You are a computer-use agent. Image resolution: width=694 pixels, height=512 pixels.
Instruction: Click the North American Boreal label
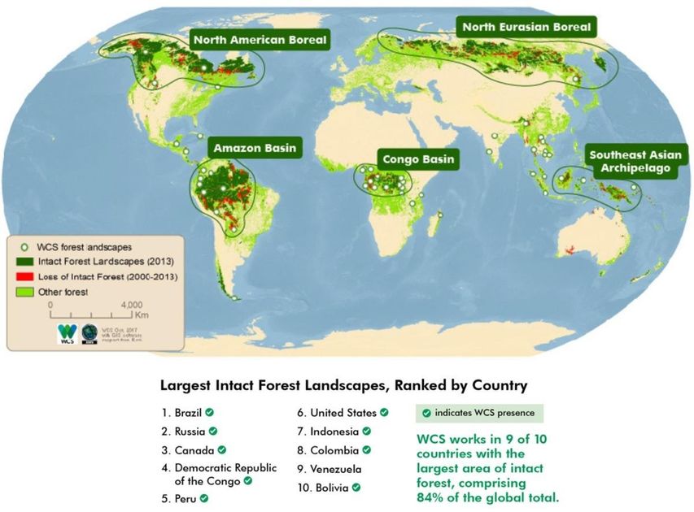point(259,39)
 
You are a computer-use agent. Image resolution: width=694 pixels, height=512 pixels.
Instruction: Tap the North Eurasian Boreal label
point(527,28)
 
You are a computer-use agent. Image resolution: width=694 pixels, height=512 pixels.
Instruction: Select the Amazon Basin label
point(255,149)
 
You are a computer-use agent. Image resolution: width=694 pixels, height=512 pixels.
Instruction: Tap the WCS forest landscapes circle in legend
point(25,245)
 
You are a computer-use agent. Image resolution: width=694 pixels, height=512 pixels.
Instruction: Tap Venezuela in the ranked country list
point(330,469)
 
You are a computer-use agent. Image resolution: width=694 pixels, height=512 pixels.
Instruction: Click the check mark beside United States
point(384,412)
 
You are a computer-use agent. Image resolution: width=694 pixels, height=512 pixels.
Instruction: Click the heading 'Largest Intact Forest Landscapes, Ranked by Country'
point(344,384)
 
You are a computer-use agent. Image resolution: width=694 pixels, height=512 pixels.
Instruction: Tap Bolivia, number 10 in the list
point(325,488)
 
